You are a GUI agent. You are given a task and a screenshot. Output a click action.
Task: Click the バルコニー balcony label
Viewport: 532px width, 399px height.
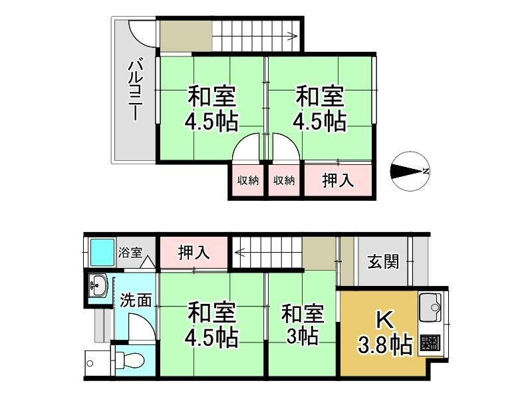[135, 90]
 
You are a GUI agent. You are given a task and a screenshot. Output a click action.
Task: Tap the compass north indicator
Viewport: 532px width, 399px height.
[410, 171]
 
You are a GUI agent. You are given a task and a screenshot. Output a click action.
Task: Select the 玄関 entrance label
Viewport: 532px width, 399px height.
[384, 261]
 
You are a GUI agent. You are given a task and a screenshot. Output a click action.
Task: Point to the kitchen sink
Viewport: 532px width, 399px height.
[430, 307]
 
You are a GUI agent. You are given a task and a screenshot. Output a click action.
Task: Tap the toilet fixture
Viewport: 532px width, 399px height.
[130, 360]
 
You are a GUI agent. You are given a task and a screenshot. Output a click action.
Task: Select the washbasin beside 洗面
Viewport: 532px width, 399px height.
[98, 285]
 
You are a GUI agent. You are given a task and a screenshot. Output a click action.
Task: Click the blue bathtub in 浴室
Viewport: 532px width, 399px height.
[102, 252]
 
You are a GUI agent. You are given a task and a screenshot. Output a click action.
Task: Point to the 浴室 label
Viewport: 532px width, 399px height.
[130, 253]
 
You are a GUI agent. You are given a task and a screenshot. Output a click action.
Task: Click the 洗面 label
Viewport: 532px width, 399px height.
[136, 300]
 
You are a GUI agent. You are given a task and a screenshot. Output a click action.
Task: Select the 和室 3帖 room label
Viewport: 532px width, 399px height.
[303, 324]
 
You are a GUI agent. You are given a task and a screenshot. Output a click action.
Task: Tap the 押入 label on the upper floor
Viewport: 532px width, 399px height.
[338, 180]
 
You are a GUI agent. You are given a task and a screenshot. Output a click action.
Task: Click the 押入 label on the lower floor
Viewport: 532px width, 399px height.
[194, 253]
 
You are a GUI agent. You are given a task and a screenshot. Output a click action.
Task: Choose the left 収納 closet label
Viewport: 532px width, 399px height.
[248, 180]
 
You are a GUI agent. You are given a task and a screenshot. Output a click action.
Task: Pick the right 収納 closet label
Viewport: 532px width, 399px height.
[284, 180]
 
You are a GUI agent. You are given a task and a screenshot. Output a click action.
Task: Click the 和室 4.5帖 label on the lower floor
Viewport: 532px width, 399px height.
[212, 325]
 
